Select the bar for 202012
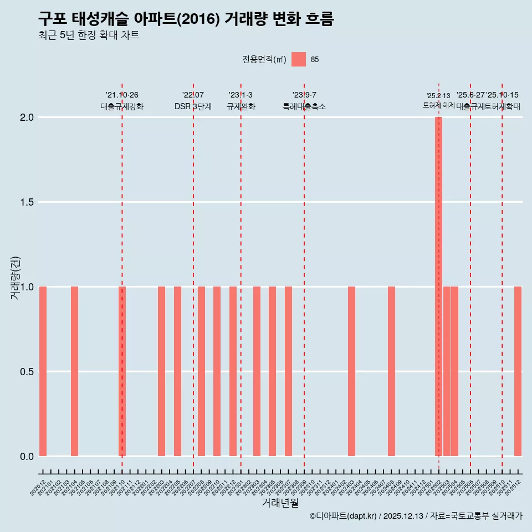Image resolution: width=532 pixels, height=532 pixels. coord(43,371)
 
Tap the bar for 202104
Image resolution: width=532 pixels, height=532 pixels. coord(74,371)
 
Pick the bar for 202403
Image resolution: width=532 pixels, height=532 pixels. coord(351,371)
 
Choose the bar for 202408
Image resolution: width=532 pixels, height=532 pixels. coord(391,371)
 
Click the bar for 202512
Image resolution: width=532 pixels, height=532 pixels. coord(518,371)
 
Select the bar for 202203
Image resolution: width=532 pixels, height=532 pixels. coord(161,371)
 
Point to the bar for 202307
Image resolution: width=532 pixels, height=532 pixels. coord(288,371)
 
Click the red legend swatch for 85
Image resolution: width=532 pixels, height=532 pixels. coord(299,59)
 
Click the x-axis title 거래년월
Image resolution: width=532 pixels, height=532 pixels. coord(280,503)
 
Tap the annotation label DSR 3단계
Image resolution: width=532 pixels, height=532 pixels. coord(193,106)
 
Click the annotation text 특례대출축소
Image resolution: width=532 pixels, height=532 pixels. coord(304,106)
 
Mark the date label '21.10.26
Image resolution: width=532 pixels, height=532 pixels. coord(122,95)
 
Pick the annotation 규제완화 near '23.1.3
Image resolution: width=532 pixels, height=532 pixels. coord(241,106)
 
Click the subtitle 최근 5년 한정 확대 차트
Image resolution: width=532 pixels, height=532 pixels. coord(89,35)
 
